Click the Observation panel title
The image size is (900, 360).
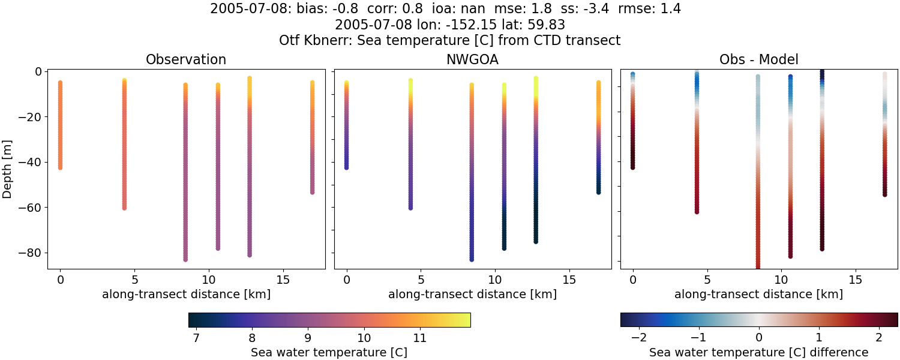pyautogui.click(x=186, y=60)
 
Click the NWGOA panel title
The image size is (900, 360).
pyautogui.click(x=472, y=60)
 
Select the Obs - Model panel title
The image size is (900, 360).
pyautogui.click(x=758, y=60)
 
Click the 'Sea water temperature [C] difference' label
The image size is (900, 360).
pyautogui.click(x=758, y=352)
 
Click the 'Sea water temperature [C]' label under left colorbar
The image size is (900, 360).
pyautogui.click(x=329, y=352)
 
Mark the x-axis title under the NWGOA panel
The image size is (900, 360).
pyautogui.click(x=472, y=294)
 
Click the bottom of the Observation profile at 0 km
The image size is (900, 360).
pyautogui.click(x=60, y=167)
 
